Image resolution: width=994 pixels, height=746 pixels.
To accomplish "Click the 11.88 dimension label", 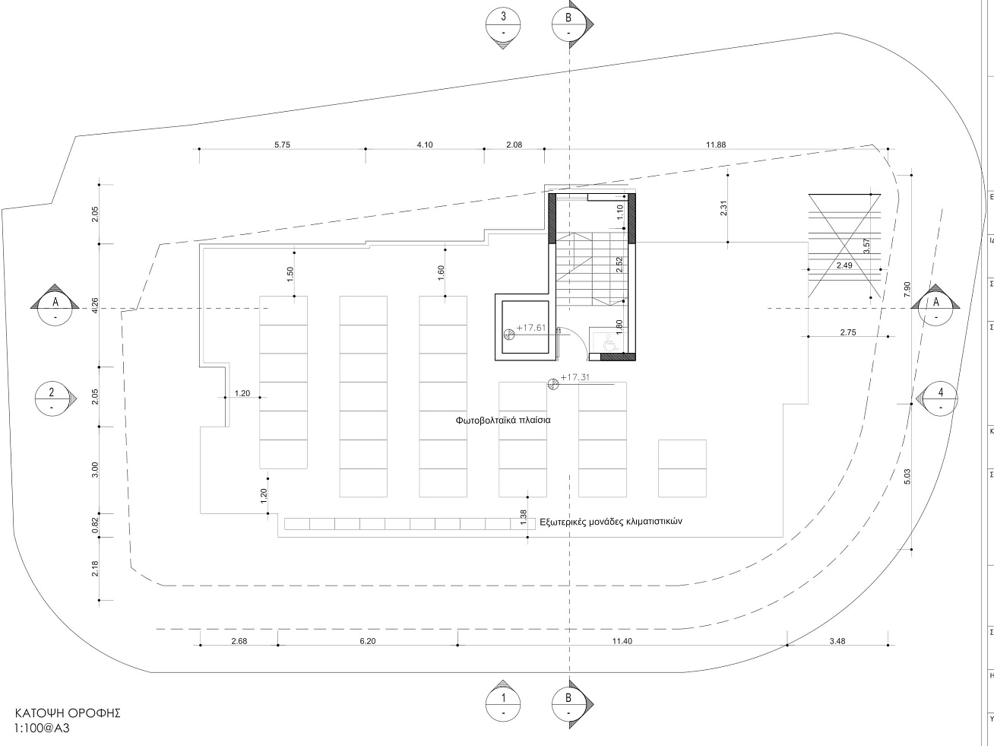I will [715, 144].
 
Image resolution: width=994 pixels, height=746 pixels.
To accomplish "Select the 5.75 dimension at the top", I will [283, 144].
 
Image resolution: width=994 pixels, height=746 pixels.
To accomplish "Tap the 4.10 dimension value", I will [425, 144].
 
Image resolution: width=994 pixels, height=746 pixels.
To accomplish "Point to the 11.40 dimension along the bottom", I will [622, 641].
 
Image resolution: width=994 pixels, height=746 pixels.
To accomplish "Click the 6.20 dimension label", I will [367, 641].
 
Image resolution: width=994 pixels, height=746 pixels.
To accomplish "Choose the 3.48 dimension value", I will [837, 641].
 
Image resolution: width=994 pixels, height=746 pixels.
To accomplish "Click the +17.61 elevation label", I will [531, 328].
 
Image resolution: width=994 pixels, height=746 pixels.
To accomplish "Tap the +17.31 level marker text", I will [575, 377].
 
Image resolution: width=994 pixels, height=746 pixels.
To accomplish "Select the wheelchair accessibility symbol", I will [610, 344].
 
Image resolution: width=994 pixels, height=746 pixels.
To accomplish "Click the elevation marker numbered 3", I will [503, 24].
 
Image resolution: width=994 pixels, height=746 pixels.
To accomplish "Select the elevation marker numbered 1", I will [503, 703].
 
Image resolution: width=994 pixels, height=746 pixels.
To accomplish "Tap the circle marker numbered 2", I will [52, 398].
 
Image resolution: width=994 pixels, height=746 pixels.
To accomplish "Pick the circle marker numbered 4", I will [940, 398].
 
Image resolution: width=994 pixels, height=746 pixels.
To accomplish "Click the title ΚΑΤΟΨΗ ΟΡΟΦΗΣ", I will [68, 713].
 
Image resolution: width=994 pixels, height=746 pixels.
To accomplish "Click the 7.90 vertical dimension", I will [907, 290].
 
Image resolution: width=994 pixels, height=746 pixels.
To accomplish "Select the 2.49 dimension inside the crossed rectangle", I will [844, 265].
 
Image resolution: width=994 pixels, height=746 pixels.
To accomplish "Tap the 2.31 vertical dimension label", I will [723, 208].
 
